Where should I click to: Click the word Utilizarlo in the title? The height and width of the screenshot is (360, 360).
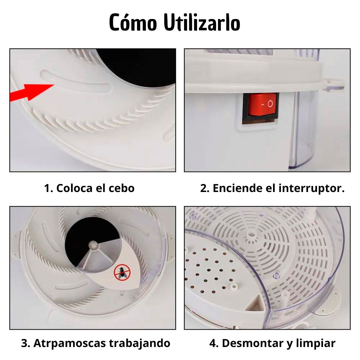202,23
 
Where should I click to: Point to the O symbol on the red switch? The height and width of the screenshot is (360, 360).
270,104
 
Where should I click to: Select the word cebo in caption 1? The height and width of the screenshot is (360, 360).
122,188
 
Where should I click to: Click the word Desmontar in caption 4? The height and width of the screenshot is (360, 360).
253,343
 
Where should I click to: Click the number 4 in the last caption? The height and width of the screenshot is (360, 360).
213,343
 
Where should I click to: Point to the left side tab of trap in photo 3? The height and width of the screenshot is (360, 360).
16,246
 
